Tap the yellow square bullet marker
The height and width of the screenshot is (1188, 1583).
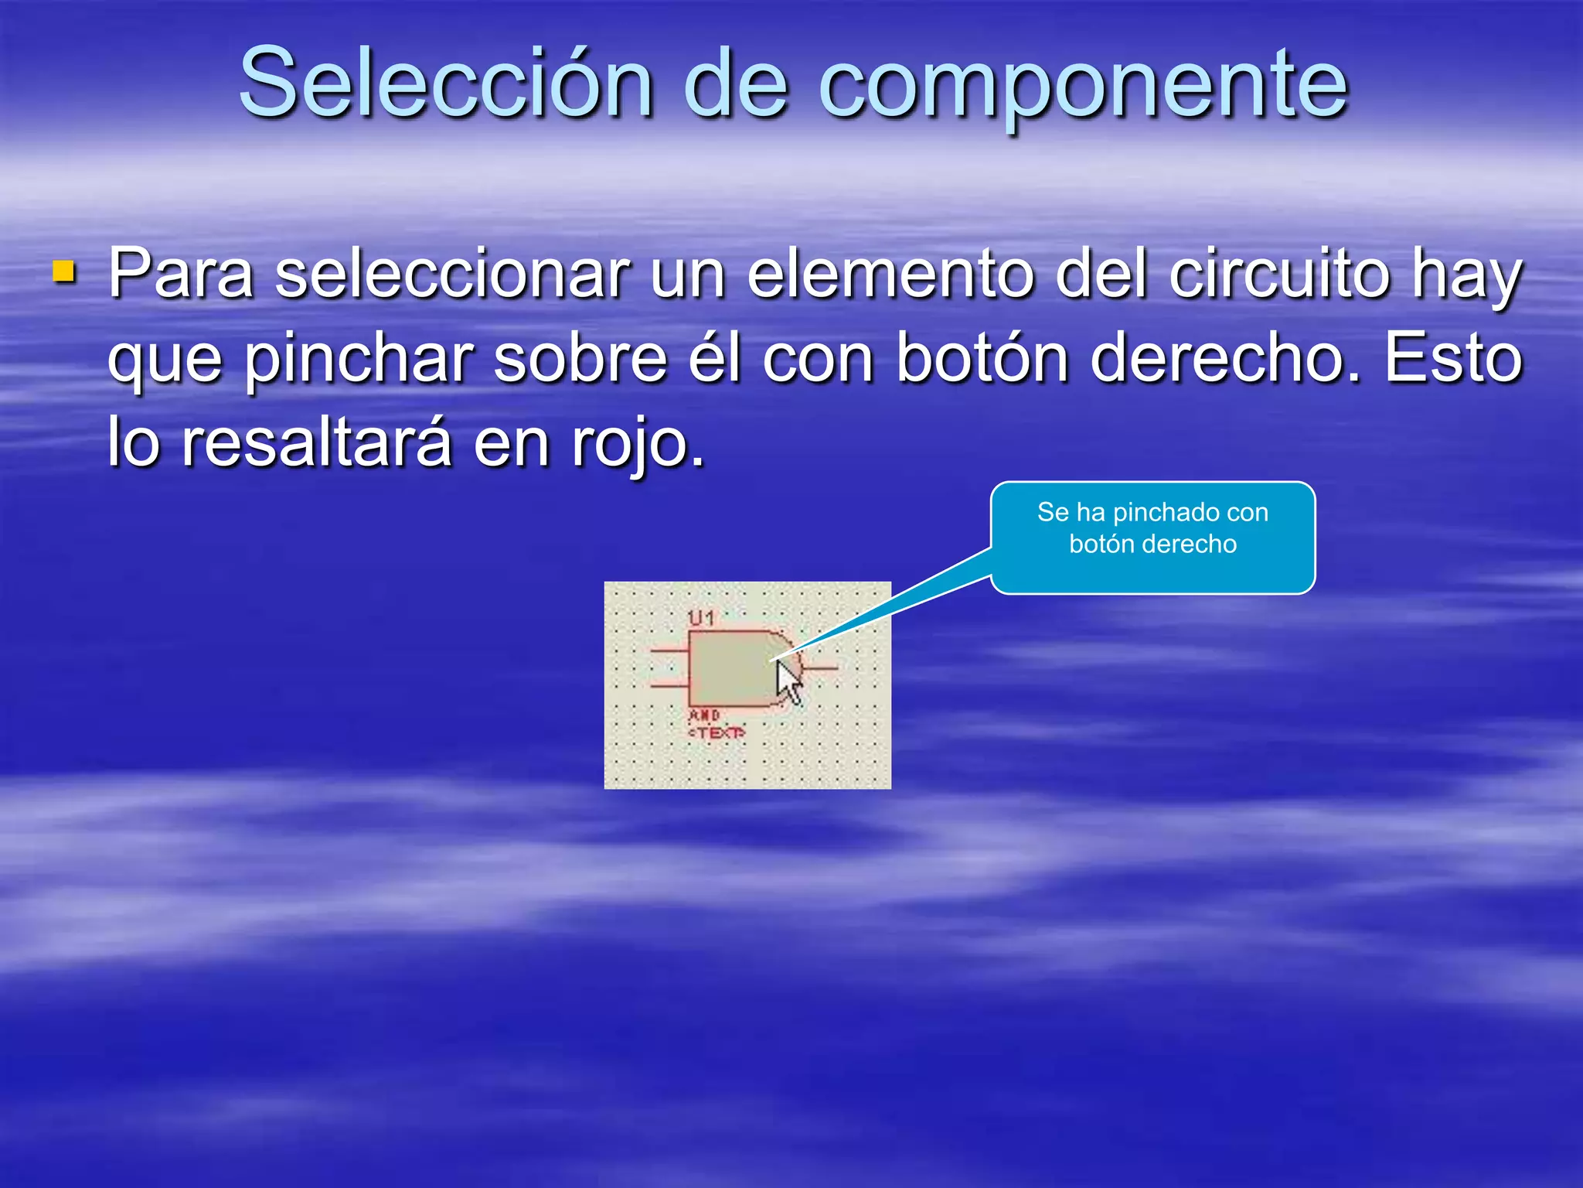64,272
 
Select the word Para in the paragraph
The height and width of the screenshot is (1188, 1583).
181,274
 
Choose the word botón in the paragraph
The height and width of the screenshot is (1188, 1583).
982,359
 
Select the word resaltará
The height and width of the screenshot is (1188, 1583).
317,442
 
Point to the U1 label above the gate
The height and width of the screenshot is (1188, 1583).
701,618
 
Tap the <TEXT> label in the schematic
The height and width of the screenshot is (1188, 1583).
717,732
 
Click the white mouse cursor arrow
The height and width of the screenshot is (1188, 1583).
788,681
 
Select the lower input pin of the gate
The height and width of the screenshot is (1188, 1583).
669,685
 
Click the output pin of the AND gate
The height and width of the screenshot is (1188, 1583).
820,667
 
